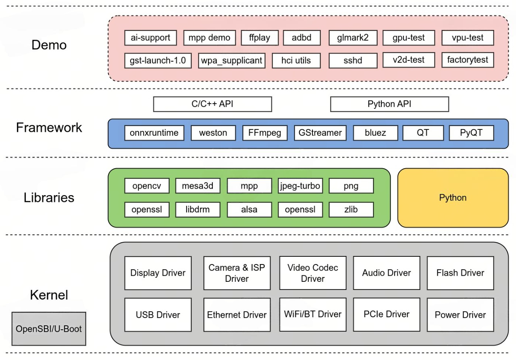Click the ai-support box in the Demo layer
coord(150,38)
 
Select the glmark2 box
coord(353,38)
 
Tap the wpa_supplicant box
coord(232,60)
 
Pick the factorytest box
coord(468,60)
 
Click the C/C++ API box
coord(212,104)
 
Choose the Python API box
coord(389,104)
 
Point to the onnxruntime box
coord(154,133)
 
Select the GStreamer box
coord(320,133)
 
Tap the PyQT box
coord(471,133)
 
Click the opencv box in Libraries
coord(147,186)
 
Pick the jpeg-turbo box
coord(300,186)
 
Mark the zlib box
coord(351,210)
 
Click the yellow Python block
coord(453,198)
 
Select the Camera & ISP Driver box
coord(237,273)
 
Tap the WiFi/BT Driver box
coord(313,314)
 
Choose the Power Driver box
coord(460,315)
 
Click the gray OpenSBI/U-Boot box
coord(49,329)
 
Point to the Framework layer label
coord(49,128)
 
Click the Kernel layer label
coord(49,295)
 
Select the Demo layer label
coord(49,45)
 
